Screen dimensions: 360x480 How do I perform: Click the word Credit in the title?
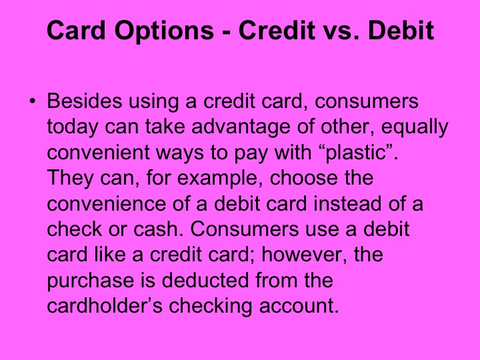pos(278,31)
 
